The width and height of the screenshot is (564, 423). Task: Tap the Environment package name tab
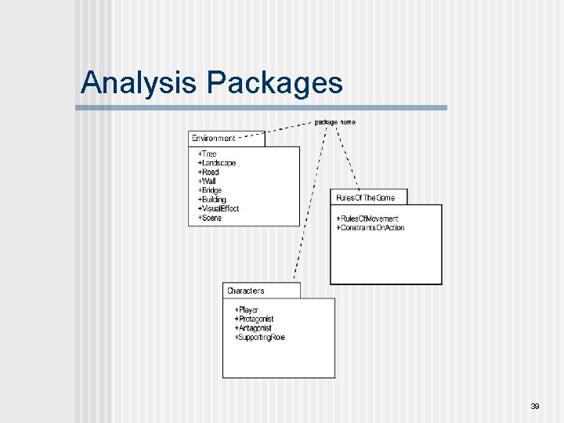[x=214, y=139]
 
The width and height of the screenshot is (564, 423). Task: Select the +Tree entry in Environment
[x=207, y=154]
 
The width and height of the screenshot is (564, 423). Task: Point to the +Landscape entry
[x=216, y=163]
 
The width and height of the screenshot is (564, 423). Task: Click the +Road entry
[x=208, y=172]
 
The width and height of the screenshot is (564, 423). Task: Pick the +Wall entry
[x=207, y=181]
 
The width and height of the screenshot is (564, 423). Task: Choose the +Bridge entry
[x=210, y=190]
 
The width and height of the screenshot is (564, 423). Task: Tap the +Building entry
[x=212, y=200]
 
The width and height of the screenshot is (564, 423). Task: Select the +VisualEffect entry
[x=218, y=209]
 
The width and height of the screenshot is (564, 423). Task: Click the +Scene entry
[x=209, y=218]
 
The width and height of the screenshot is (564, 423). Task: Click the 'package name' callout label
[x=334, y=122]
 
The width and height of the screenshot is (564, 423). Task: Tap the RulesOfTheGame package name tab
[x=365, y=197]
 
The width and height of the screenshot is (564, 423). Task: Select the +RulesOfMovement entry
[x=367, y=219]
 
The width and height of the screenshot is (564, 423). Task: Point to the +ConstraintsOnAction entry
[x=370, y=228]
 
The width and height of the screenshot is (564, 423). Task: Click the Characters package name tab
[x=246, y=291]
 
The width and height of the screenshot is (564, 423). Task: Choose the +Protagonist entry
[x=254, y=320]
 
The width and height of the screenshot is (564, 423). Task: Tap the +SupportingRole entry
[x=259, y=338]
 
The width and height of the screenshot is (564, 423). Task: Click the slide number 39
[x=535, y=406]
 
